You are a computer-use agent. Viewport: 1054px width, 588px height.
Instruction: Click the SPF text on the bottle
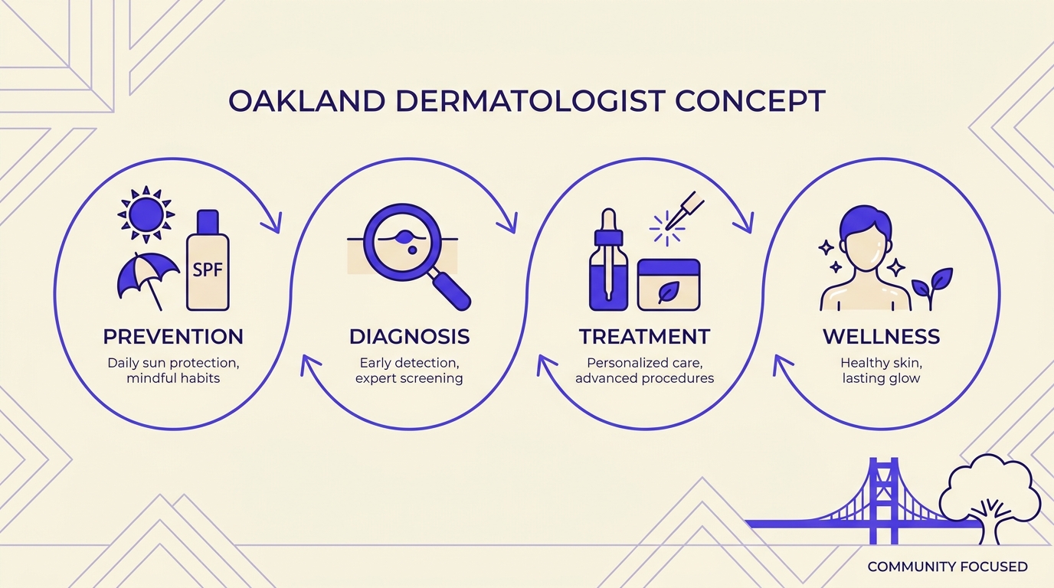tap(208, 271)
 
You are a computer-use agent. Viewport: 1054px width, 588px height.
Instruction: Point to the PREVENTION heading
tap(173, 336)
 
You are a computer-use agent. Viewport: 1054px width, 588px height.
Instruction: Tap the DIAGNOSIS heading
tap(409, 336)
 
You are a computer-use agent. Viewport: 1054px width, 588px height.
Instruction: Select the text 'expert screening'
tap(409, 378)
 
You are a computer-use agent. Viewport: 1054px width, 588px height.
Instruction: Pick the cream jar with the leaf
tap(669, 285)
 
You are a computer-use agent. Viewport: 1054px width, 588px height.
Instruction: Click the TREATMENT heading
tap(644, 336)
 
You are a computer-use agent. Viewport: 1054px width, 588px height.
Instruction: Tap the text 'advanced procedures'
tap(644, 378)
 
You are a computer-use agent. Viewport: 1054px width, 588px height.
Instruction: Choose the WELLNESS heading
tap(881, 336)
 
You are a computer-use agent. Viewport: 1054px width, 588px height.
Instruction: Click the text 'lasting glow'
tap(881, 378)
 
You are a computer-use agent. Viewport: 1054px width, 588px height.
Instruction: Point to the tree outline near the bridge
tap(990, 490)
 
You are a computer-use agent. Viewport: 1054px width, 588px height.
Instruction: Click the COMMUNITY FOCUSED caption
tap(947, 567)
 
